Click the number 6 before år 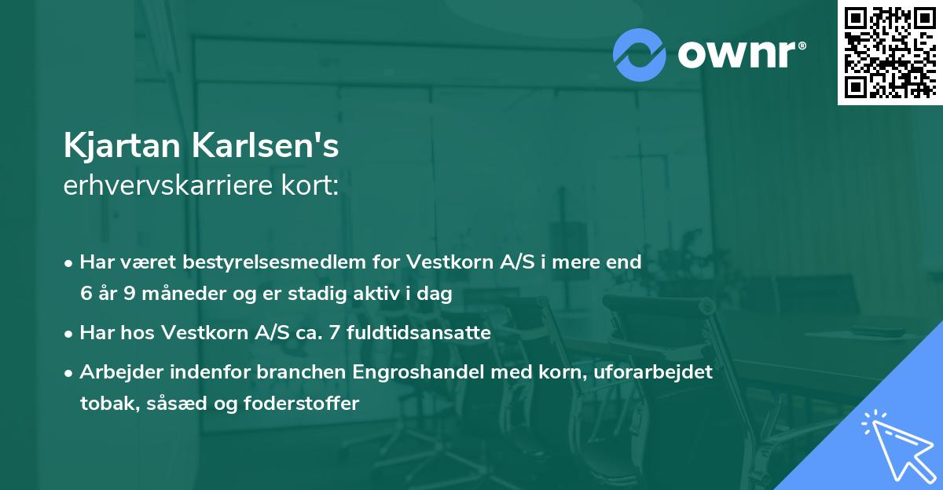click(86, 293)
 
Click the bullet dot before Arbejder click(70, 373)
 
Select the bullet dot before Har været click(70, 262)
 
